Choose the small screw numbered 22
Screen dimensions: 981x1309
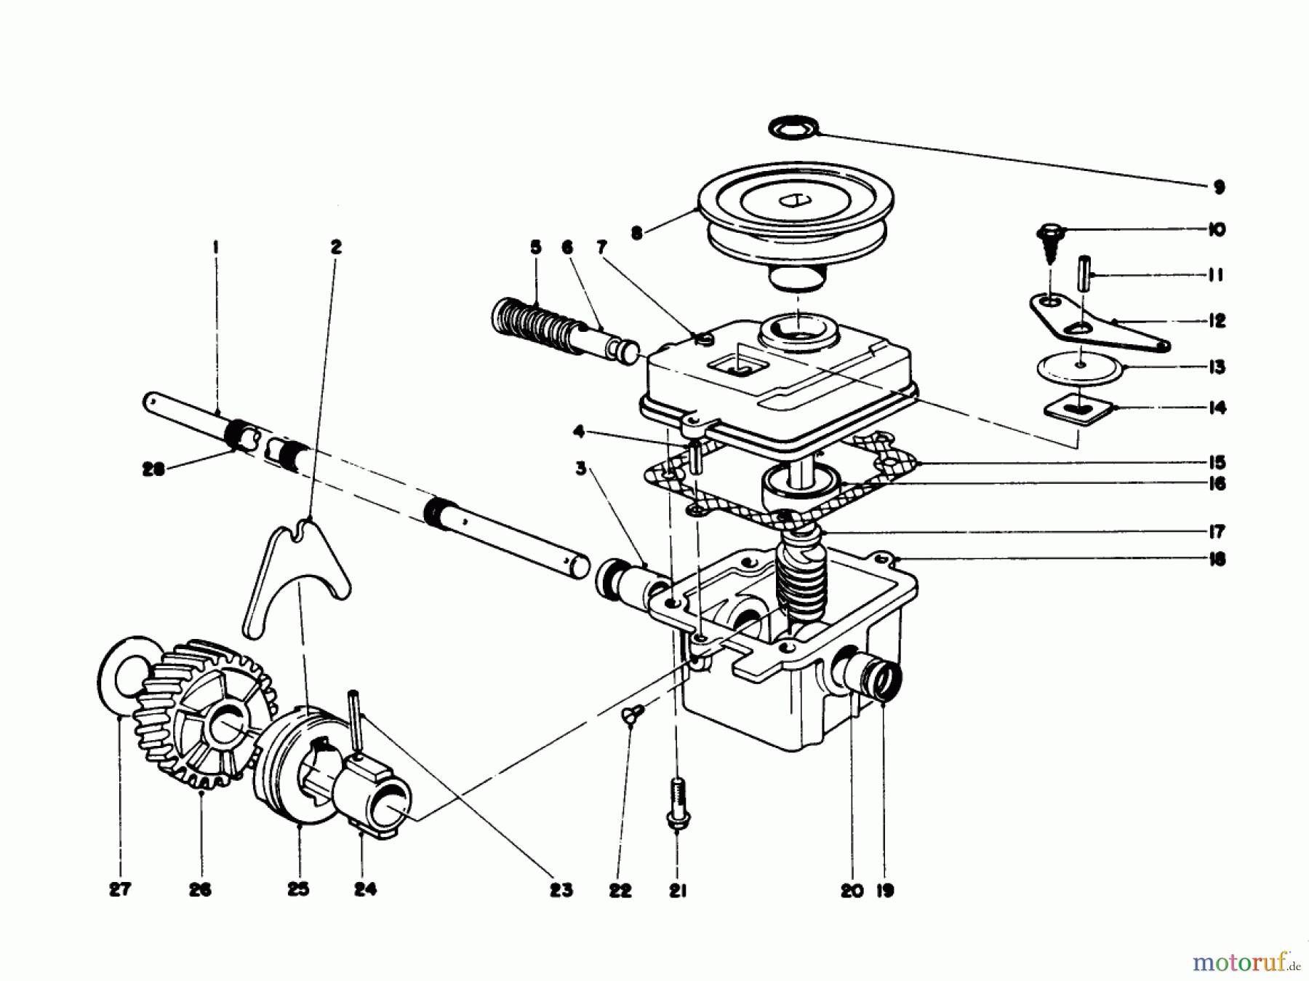coord(628,716)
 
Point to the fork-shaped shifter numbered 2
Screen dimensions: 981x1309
coord(291,575)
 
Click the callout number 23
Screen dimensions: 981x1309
coord(561,889)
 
